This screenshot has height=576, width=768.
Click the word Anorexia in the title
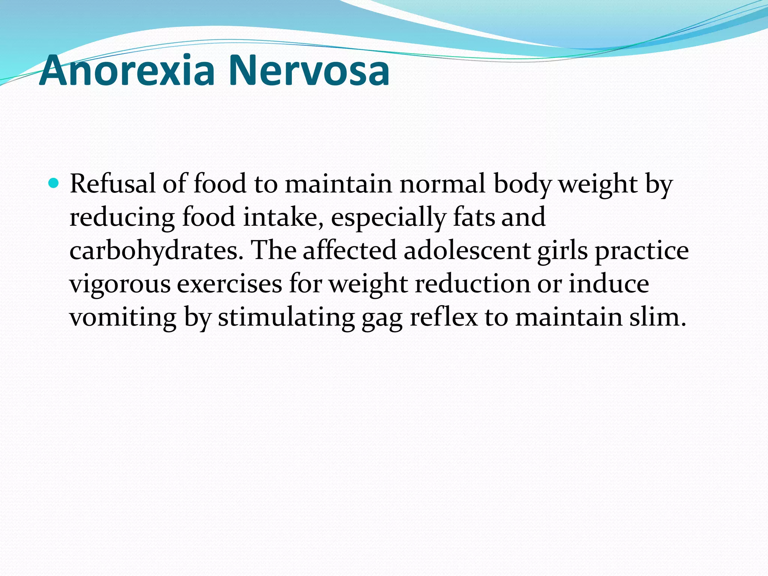click(127, 70)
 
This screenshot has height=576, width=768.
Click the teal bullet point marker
click(54, 183)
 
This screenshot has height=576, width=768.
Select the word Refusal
click(112, 184)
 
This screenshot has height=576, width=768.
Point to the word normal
click(442, 184)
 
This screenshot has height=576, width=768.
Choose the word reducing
click(122, 217)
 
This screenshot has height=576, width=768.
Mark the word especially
click(388, 217)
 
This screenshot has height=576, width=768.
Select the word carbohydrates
click(154, 250)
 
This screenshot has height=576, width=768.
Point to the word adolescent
click(467, 250)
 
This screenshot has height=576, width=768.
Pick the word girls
click(562, 250)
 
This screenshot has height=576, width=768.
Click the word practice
click(642, 250)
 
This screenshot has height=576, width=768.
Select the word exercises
click(229, 283)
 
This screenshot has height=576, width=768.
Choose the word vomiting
click(123, 317)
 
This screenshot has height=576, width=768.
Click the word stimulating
click(286, 317)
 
